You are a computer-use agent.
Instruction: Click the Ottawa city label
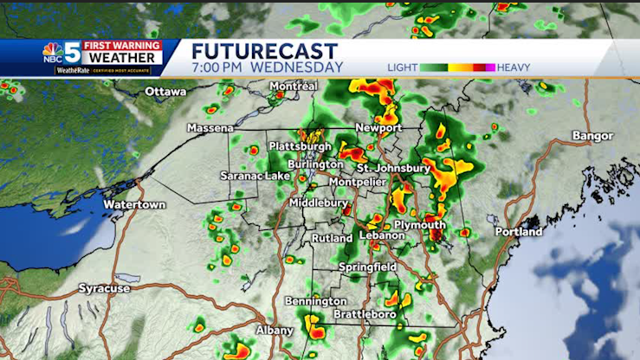coord(166,92)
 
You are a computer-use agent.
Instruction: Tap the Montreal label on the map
coord(294,87)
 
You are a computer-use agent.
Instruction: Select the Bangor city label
coord(592,136)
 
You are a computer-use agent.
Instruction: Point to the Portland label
coord(519,232)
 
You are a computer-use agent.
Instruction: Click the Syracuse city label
coord(104,287)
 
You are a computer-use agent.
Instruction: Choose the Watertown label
coord(134,205)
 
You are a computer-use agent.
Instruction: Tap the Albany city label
coord(275,331)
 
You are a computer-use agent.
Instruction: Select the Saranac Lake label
coord(253,176)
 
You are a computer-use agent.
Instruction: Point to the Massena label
coord(210,128)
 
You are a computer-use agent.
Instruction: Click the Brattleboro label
coord(365,314)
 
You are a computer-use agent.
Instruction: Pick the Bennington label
coord(315,301)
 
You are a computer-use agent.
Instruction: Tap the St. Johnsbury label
coord(393,167)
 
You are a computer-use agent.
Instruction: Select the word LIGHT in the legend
coord(402,67)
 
